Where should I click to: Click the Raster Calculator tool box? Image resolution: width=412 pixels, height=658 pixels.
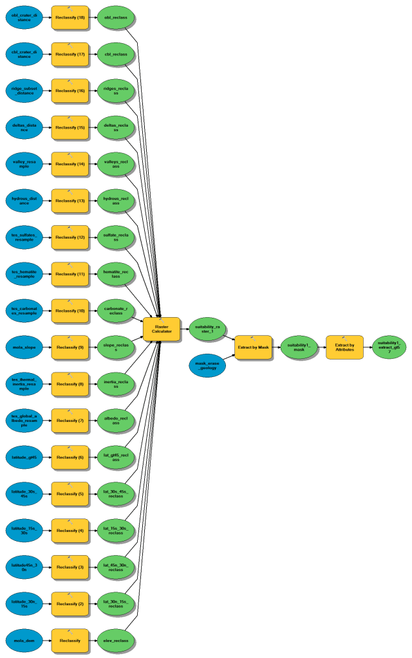(162, 329)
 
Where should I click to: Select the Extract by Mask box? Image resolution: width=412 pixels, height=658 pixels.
(253, 347)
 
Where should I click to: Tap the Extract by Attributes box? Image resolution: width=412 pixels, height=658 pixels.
(344, 347)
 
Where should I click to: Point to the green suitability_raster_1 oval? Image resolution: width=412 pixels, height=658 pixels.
(207, 329)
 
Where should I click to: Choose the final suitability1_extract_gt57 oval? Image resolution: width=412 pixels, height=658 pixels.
(389, 347)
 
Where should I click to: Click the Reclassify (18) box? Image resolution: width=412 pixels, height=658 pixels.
(70, 17)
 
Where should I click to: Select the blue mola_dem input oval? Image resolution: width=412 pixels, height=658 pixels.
(24, 640)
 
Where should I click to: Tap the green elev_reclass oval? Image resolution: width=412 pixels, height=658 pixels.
(116, 640)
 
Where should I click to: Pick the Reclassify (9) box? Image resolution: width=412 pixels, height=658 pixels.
(70, 347)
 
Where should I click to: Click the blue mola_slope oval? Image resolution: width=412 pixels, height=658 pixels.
(24, 347)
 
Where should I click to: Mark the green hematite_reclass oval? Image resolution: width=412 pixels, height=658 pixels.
(116, 274)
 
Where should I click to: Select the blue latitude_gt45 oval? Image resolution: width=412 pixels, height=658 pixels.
(24, 457)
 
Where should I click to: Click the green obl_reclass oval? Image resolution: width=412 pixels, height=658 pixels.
(116, 17)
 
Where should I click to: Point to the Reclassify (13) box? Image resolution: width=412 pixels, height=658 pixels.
(70, 201)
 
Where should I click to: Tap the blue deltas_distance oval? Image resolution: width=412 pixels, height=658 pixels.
(24, 127)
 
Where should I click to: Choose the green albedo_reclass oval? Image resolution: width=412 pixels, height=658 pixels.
(116, 420)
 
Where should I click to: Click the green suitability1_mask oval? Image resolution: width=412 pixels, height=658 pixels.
(299, 347)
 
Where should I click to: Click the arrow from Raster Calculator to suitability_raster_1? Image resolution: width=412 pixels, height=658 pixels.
(184, 329)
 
